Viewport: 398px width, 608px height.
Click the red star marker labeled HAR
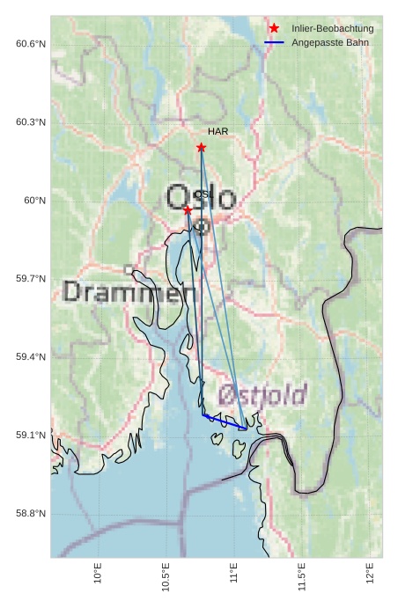coord(201,147)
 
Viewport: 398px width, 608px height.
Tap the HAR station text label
coord(218,132)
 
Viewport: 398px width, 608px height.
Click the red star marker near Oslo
coord(188,209)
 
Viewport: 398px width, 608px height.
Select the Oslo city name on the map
coord(202,197)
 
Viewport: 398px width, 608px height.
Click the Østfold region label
coord(262,394)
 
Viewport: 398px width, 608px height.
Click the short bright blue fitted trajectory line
coord(224,421)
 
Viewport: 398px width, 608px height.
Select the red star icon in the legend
coord(274,29)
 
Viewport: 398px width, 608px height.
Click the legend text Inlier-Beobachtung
coord(332,29)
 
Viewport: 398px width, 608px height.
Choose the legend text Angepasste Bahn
coord(329,43)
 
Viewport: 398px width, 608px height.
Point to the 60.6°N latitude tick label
coord(31,44)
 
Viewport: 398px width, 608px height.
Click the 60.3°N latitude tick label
coord(31,122)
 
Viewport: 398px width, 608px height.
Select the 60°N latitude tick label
coord(35,201)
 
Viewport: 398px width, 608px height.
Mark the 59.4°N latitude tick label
coord(31,357)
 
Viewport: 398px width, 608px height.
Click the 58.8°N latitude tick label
coord(31,514)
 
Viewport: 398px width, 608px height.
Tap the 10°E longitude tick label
coord(98,574)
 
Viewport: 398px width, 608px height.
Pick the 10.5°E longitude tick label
coord(166,576)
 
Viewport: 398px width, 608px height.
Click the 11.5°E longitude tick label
coord(303,576)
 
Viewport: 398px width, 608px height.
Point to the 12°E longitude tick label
coord(372,574)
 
